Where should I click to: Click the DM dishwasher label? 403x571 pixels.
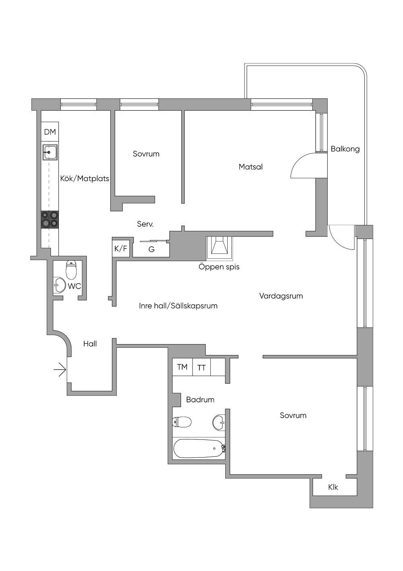click(50, 132)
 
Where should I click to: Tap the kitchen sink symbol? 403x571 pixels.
click(50, 152)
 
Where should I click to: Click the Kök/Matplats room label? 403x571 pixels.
click(85, 178)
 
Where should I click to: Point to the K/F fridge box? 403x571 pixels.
click(120, 248)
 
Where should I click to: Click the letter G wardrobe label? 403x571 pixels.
click(152, 249)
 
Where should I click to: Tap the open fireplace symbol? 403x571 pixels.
click(220, 248)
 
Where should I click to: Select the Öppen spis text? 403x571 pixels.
click(219, 267)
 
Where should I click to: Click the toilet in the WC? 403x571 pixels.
click(71, 270)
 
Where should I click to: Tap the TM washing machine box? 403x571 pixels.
click(182, 367)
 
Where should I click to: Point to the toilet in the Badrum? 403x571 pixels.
click(182, 422)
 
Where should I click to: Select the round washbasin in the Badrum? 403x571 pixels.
click(219, 422)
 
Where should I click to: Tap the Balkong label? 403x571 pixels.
click(345, 149)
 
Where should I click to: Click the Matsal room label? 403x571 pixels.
click(251, 167)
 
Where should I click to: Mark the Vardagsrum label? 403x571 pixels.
click(281, 296)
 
